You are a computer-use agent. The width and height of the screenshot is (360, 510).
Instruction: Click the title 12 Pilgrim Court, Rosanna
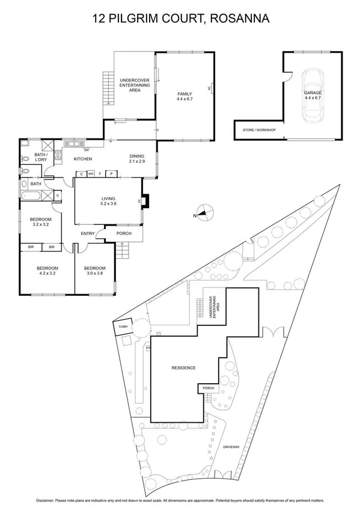click(180, 19)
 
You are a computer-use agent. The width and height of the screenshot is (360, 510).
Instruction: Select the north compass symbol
click(205, 212)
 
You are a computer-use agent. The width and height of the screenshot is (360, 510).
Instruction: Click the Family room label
click(183, 97)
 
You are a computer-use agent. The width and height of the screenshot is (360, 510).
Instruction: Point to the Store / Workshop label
click(259, 130)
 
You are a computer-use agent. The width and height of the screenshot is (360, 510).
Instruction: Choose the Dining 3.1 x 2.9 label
click(138, 159)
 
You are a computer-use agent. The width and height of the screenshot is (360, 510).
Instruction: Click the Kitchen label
click(82, 159)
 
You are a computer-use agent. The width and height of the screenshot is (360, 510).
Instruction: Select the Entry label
click(88, 235)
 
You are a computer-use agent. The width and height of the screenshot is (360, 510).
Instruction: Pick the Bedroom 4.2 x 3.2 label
click(46, 271)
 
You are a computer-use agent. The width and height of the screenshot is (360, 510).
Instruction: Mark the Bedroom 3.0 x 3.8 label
click(94, 271)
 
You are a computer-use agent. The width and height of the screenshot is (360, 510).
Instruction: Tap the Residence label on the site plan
click(184, 368)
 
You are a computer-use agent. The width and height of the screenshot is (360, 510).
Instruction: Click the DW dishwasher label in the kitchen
click(87, 150)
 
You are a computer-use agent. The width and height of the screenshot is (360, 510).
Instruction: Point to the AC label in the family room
click(209, 88)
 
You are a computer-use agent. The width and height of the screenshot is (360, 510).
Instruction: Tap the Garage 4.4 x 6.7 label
click(313, 96)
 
